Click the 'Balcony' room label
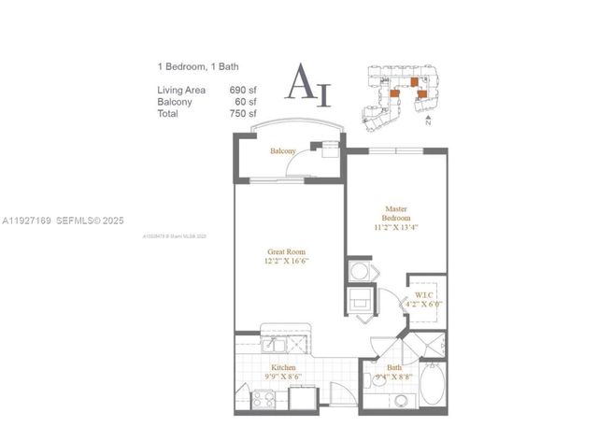pyautogui.click(x=283, y=150)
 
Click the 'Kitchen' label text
pyautogui.click(x=283, y=368)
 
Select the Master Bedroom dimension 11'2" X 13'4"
pyautogui.click(x=397, y=226)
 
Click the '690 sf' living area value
pyautogui.click(x=243, y=90)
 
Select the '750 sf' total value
pyautogui.click(x=243, y=112)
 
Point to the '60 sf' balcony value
pyautogui.click(x=246, y=101)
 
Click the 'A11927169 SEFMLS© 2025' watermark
pyautogui.click(x=70, y=221)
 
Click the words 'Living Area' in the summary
pyautogui.click(x=181, y=90)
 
